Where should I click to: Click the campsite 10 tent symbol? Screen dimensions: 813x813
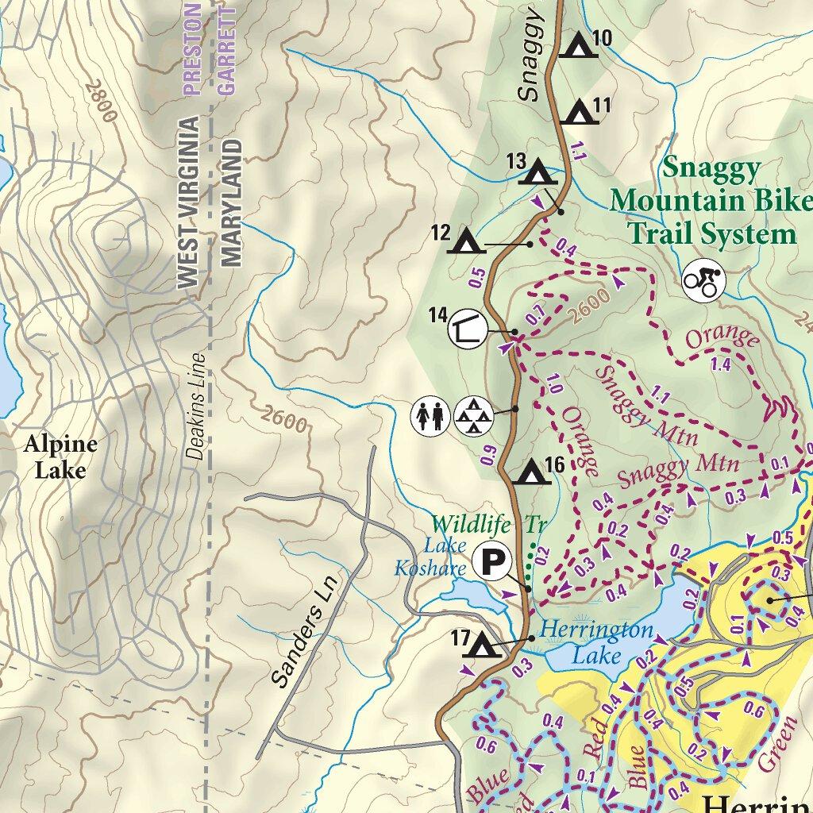pos(577,46)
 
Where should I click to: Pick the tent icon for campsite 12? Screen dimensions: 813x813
pos(466,241)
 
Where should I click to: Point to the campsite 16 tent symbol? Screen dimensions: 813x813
pos(530,472)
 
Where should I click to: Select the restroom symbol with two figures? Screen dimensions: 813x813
pos(430,415)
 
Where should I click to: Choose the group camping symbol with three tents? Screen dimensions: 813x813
pos(473,415)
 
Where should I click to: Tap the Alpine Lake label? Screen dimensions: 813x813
pos(60,457)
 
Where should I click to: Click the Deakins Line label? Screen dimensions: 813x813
pos(197,406)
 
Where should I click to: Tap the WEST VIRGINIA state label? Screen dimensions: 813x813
pos(188,202)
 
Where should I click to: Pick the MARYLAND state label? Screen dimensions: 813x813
pos(231,203)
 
